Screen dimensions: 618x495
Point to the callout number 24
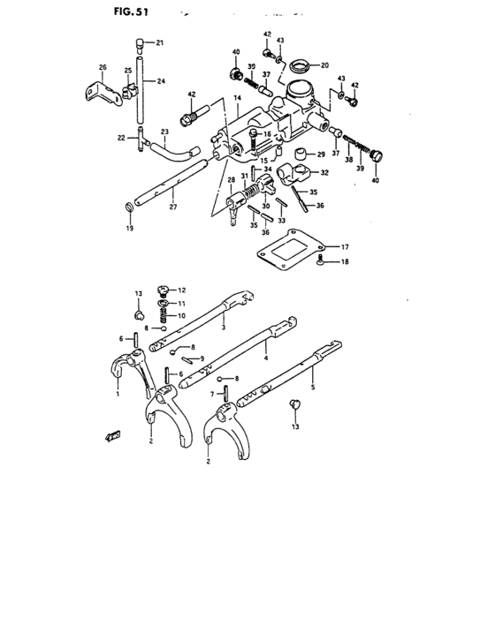click(161, 81)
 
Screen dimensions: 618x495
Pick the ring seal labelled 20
click(300, 64)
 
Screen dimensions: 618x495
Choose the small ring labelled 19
click(131, 208)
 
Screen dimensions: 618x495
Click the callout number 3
click(224, 328)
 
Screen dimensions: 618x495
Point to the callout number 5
click(311, 385)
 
